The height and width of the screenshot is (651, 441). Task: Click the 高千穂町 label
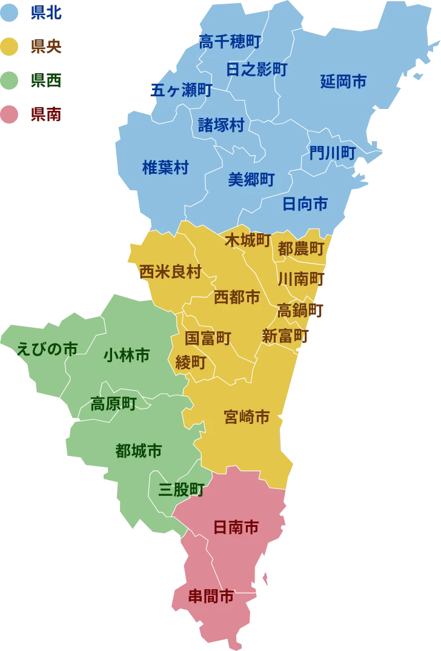[230, 42]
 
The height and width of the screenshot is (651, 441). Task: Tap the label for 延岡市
[343, 82]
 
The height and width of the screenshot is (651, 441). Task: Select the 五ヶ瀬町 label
[181, 90]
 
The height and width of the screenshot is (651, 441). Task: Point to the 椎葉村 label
[165, 168]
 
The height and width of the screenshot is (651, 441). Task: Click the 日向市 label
[305, 204]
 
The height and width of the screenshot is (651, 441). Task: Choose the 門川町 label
[332, 153]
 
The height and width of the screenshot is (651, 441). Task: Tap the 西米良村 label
[170, 272]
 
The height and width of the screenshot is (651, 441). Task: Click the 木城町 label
[247, 240]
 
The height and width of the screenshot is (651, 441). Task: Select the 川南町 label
[301, 279]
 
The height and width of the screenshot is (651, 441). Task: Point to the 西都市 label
[237, 297]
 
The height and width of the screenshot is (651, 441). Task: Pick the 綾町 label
[191, 362]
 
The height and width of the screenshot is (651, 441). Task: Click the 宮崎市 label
[247, 417]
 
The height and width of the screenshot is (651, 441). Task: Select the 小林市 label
[127, 355]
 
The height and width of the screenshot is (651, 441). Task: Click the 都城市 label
[138, 451]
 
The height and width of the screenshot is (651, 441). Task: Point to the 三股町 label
[181, 489]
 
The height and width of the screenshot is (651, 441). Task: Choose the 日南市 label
[236, 527]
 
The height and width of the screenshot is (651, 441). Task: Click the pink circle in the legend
[10, 114]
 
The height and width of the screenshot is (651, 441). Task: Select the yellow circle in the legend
[10, 45]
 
